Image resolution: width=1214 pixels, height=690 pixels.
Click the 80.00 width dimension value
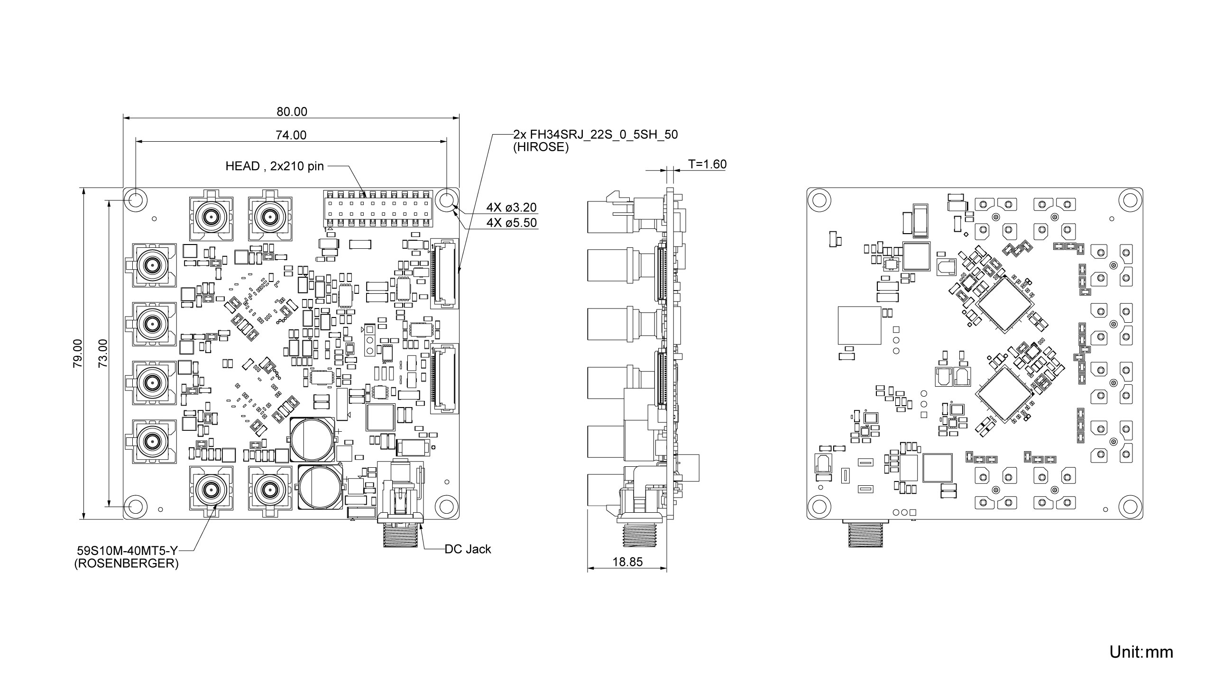(x=292, y=112)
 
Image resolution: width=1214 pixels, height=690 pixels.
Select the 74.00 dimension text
(x=291, y=136)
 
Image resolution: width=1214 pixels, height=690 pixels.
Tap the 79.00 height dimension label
(x=78, y=353)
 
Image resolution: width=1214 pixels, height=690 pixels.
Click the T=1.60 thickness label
(x=707, y=164)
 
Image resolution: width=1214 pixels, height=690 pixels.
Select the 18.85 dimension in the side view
(x=627, y=562)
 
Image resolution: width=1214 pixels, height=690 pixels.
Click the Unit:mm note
(x=1141, y=652)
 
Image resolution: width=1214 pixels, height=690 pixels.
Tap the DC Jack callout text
(x=468, y=549)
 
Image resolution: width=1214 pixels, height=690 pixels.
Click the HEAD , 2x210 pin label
(x=275, y=166)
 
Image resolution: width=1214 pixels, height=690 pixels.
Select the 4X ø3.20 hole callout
(x=511, y=208)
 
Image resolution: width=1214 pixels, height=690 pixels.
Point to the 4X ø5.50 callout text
(x=511, y=223)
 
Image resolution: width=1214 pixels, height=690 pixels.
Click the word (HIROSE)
(x=541, y=147)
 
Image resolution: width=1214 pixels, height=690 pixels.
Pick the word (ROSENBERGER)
(x=126, y=564)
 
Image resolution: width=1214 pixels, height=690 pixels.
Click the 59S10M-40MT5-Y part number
(x=128, y=551)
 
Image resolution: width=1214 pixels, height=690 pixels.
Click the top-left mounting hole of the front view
(x=135, y=200)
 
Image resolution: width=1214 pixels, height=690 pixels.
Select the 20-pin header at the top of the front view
(x=378, y=209)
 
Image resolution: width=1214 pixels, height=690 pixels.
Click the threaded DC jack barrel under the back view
(x=865, y=535)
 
